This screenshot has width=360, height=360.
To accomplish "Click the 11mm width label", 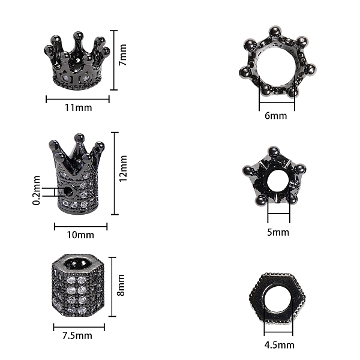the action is click(78, 107).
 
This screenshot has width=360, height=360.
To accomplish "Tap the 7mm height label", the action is click(123, 55).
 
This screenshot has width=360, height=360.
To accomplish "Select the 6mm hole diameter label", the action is click(276, 116).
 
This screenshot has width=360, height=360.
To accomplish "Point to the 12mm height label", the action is click(123, 168).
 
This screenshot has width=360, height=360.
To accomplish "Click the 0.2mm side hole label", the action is click(37, 190).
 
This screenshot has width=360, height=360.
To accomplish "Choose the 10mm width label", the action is click(80, 235).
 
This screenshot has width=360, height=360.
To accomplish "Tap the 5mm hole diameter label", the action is click(278, 232).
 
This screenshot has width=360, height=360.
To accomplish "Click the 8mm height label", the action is click(121, 285).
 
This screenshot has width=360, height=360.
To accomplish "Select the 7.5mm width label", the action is click(77, 335).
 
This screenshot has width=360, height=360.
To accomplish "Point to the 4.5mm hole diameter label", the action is click(279, 345).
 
